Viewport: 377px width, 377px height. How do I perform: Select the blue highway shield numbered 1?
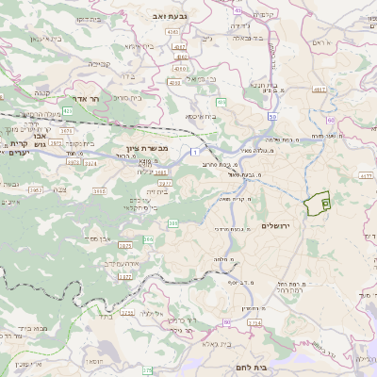[x=193, y=152]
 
